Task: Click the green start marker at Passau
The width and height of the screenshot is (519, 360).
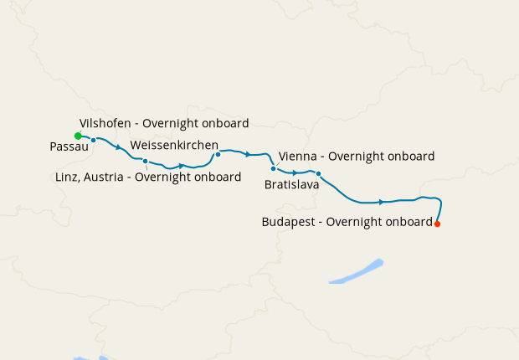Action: [78, 136]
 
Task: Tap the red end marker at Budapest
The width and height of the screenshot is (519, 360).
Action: [437, 224]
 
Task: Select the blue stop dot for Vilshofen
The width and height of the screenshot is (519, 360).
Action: [94, 140]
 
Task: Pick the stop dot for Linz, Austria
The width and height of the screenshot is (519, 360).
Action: [146, 161]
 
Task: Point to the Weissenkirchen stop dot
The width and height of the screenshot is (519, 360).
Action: [218, 154]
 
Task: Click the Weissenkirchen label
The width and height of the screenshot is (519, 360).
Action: [174, 145]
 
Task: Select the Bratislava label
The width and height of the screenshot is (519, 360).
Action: [291, 184]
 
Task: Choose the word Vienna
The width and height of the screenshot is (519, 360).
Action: [297, 157]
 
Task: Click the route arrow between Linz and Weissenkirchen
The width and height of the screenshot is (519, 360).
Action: [181, 166]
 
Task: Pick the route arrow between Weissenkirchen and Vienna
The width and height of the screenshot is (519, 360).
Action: [248, 154]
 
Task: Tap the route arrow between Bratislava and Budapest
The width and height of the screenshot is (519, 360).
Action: [382, 202]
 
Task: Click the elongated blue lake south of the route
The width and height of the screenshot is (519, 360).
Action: [356, 272]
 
